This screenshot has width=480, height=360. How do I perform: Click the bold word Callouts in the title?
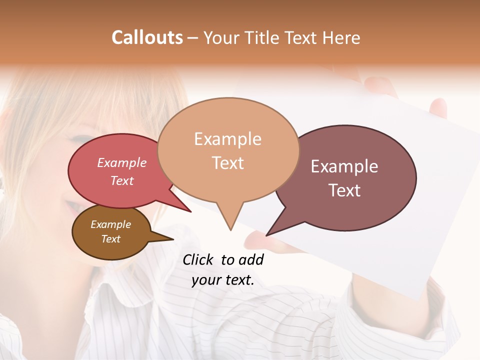[x=147, y=37]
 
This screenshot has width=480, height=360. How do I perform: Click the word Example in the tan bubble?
[x=227, y=139]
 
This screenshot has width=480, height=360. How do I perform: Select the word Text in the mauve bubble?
[x=344, y=190]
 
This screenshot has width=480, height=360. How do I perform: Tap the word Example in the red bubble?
[x=122, y=163]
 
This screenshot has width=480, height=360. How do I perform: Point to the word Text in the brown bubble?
[x=111, y=239]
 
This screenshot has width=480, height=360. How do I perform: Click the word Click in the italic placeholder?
[x=198, y=259]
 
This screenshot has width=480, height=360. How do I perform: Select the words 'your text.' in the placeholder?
[x=223, y=280]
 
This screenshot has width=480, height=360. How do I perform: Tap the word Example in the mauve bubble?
[x=344, y=166]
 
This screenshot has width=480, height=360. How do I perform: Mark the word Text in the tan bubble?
[x=228, y=163]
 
